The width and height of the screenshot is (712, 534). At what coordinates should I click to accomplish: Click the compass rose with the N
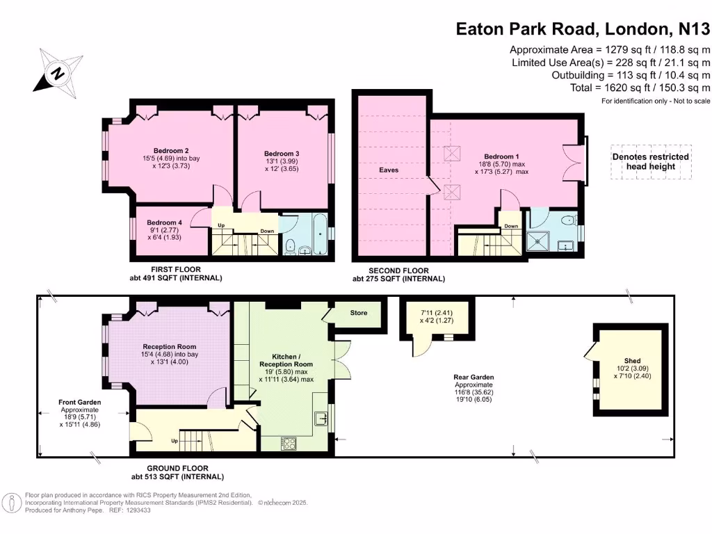coord(58,71)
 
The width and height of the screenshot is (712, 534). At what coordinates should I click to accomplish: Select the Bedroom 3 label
coord(282,154)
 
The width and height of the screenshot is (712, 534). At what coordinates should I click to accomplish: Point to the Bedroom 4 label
coord(164,222)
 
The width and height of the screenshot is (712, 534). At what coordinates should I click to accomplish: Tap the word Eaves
coord(389,170)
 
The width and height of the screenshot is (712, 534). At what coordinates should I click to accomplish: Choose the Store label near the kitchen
coord(358,313)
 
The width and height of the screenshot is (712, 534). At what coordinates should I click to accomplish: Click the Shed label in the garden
coord(632,361)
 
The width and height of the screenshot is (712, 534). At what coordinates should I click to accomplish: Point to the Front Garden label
coord(80,402)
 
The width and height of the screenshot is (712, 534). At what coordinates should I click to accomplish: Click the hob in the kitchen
coord(289,443)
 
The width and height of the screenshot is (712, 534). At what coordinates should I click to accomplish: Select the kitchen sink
coord(321,419)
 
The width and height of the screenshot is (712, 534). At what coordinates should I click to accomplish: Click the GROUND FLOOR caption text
coord(177,469)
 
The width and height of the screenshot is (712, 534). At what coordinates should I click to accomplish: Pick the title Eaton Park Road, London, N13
coord(583,29)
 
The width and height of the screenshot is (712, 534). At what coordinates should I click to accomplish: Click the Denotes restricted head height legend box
coord(650,161)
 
